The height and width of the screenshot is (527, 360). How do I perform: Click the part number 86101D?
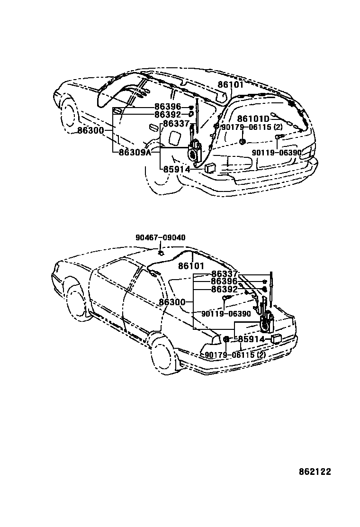(x=253, y=118)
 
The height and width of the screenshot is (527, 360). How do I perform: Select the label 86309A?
(x=135, y=152)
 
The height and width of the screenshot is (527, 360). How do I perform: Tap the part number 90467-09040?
(x=161, y=237)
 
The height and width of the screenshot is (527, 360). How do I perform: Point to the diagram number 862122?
(x=315, y=472)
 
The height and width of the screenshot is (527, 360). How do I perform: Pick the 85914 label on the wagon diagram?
(x=177, y=169)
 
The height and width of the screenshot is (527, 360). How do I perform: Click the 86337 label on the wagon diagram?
(x=175, y=123)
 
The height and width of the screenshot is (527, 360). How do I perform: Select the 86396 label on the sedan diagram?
(x=224, y=281)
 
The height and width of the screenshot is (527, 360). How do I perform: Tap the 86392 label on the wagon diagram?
(x=168, y=115)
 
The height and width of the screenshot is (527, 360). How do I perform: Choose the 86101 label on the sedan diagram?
(x=191, y=266)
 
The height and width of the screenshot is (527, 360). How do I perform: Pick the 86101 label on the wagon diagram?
(x=230, y=85)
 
